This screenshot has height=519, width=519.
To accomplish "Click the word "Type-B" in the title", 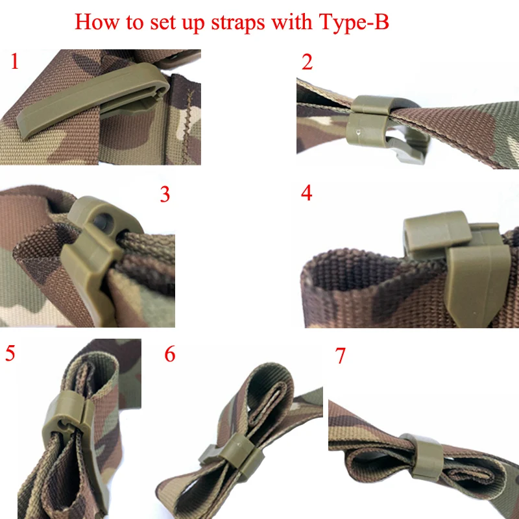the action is pos(354,23).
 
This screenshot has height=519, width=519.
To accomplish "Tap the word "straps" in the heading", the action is pos(238,23).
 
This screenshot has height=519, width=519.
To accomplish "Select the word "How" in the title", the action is pos(97,22).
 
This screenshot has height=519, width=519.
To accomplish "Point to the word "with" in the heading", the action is pos(291,21).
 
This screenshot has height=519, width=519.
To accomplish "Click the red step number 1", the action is pos(14,61).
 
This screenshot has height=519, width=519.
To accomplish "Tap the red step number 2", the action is pos(307,62).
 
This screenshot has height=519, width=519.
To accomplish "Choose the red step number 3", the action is pos(165,194).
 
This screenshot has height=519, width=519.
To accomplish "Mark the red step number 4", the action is pos(306,193).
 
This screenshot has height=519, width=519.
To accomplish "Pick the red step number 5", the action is pos(10,353).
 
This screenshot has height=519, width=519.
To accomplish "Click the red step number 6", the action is pos(170,354).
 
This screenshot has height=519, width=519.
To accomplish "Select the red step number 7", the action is pos(340,356).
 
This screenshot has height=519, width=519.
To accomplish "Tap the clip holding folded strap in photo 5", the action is pos(69,427).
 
